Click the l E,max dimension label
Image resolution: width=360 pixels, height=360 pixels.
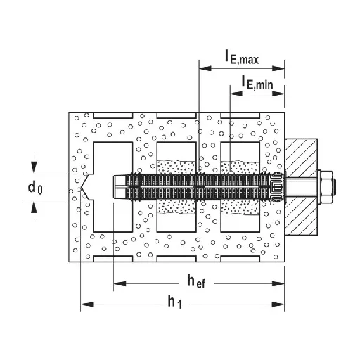pyautogui.click(x=242, y=57)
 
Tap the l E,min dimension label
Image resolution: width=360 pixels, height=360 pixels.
pyautogui.click(x=257, y=83)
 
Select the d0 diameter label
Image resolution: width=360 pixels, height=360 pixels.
pyautogui.click(x=35, y=188)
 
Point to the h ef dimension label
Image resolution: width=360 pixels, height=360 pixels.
pyautogui.click(x=196, y=281)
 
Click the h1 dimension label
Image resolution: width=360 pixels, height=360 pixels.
pyautogui.click(x=174, y=302)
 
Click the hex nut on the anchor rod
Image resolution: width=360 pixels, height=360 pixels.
pyautogui.click(x=326, y=187)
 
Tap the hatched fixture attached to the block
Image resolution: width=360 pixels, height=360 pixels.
pyautogui.click(x=301, y=187)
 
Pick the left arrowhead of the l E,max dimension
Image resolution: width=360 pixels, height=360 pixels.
pyautogui.click(x=205, y=68)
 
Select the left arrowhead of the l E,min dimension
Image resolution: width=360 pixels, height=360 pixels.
pyautogui.click(x=236, y=94)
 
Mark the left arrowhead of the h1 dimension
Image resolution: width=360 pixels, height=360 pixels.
pyautogui.click(x=86, y=304)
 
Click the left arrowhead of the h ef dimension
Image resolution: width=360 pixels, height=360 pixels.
pyautogui.click(x=120, y=283)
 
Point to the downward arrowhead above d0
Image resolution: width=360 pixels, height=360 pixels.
pyautogui.click(x=34, y=168)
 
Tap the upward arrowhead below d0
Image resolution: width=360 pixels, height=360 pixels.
pyautogui.click(x=34, y=206)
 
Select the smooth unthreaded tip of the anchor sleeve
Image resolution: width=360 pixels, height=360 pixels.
pyautogui.click(x=120, y=187)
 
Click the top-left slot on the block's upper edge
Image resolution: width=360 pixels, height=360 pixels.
pyautogui.click(x=113, y=115)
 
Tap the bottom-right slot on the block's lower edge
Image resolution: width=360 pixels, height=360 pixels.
pyautogui.click(x=240, y=259)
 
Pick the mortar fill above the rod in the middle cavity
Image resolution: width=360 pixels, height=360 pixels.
pyautogui.click(x=176, y=167)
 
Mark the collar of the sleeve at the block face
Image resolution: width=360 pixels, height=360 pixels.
pyautogui.click(x=276, y=187)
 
